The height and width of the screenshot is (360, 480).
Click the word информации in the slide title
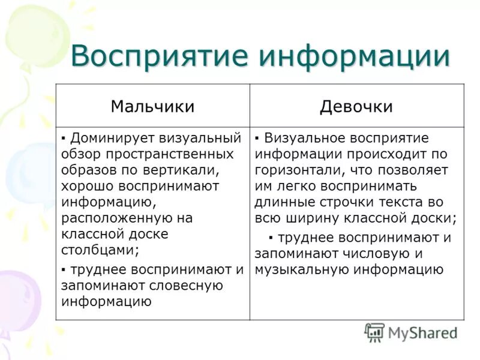click(x=355, y=56)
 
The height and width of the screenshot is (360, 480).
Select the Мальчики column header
click(x=152, y=106)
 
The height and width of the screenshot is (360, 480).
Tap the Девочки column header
click(x=356, y=106)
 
